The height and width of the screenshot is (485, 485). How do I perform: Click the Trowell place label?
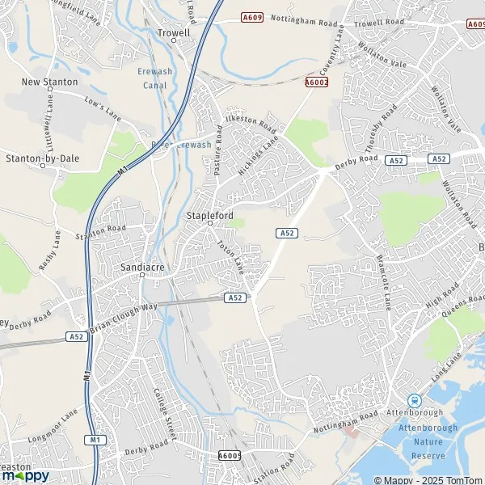[174, 33]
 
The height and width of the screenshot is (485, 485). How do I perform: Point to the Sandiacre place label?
[142, 264]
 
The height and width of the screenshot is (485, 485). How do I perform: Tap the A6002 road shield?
[317, 82]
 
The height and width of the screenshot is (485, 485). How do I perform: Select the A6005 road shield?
[230, 456]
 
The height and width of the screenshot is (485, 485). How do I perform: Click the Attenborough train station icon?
[415, 400]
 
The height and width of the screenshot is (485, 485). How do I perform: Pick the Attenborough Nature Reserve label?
[428, 441]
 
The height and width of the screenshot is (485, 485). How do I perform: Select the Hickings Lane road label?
[259, 154]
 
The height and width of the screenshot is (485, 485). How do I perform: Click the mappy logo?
[25, 476]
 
